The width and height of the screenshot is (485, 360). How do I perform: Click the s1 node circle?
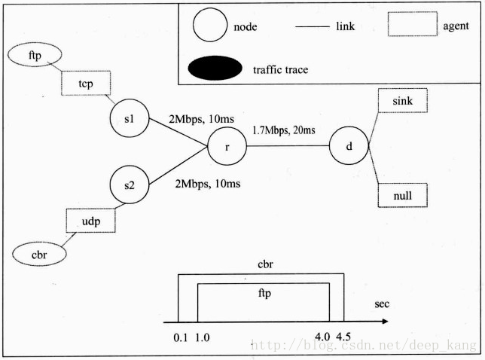(x=130, y=117)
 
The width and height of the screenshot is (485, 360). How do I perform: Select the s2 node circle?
(x=130, y=185)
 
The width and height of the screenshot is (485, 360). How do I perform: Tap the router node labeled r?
(x=227, y=146)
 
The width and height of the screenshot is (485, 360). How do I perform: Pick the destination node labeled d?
(x=349, y=145)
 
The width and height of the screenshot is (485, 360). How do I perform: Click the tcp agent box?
(x=86, y=83)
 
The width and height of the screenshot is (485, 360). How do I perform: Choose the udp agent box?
(x=90, y=221)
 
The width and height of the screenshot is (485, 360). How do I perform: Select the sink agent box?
(x=403, y=100)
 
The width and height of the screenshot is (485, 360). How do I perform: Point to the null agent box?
(x=403, y=195)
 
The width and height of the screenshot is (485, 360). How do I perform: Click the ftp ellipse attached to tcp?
(x=35, y=55)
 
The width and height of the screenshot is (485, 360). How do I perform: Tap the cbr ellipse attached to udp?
(x=39, y=255)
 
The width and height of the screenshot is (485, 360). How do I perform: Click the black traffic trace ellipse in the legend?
(x=215, y=68)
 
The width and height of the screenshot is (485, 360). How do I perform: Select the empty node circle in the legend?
(x=210, y=25)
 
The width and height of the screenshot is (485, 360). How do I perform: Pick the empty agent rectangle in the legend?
(x=413, y=24)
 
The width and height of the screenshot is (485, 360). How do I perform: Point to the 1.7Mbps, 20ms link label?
(x=284, y=130)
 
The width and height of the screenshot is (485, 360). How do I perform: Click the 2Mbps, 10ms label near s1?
(x=201, y=119)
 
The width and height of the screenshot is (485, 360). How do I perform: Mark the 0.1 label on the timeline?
(x=181, y=337)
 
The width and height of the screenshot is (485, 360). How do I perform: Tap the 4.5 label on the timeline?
(x=343, y=336)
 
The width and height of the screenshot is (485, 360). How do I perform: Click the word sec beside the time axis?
(x=382, y=304)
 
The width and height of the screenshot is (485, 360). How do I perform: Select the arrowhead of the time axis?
(x=385, y=322)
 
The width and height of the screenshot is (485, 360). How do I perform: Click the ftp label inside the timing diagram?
(x=264, y=293)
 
